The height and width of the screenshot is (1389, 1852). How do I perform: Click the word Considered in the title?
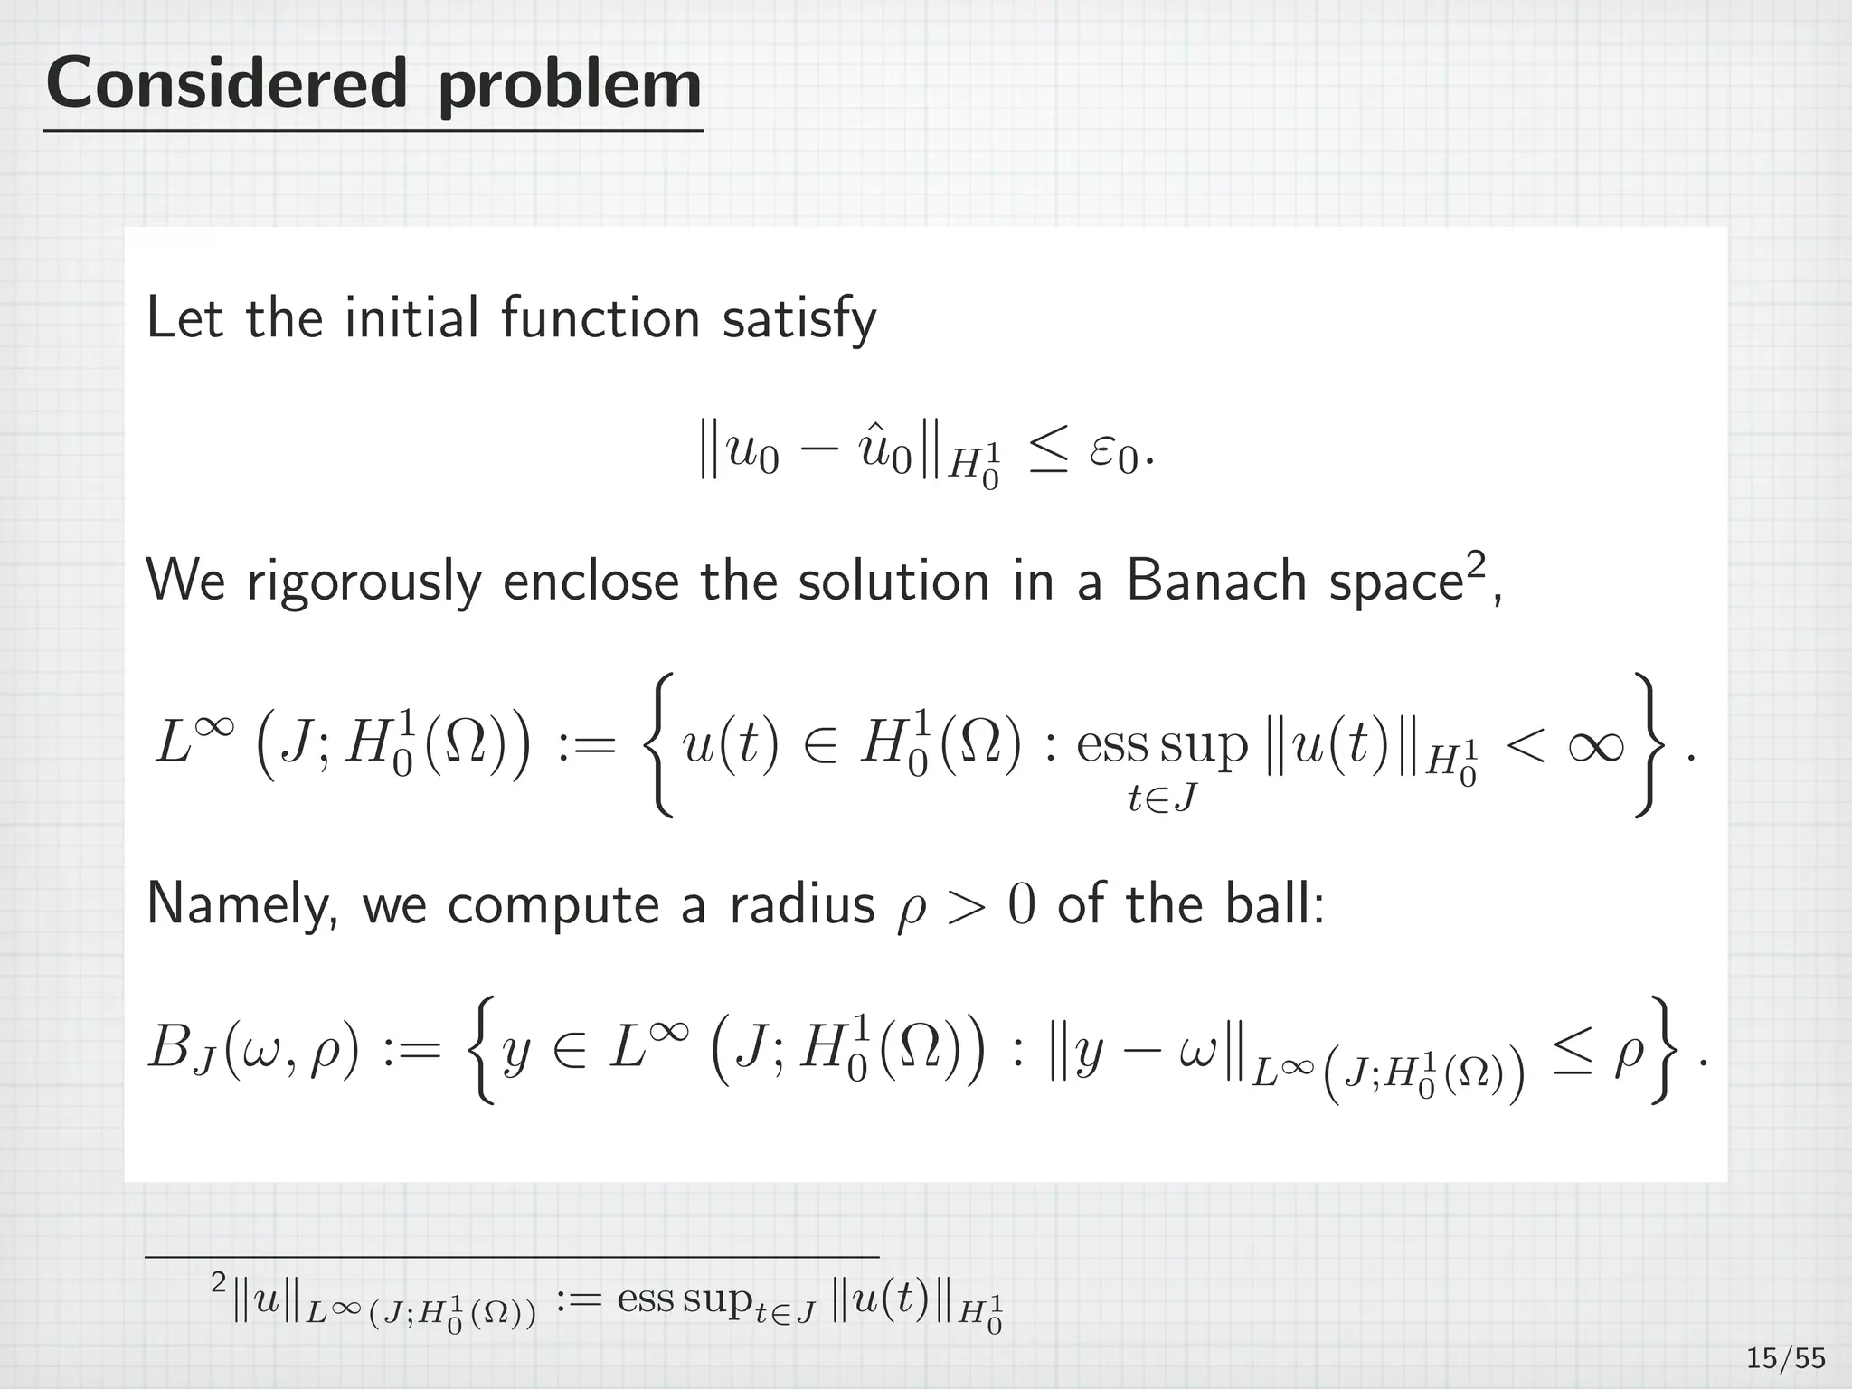click(x=226, y=83)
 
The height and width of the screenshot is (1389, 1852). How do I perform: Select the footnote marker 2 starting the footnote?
click(x=218, y=1282)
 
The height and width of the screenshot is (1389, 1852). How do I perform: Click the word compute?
click(x=553, y=905)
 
